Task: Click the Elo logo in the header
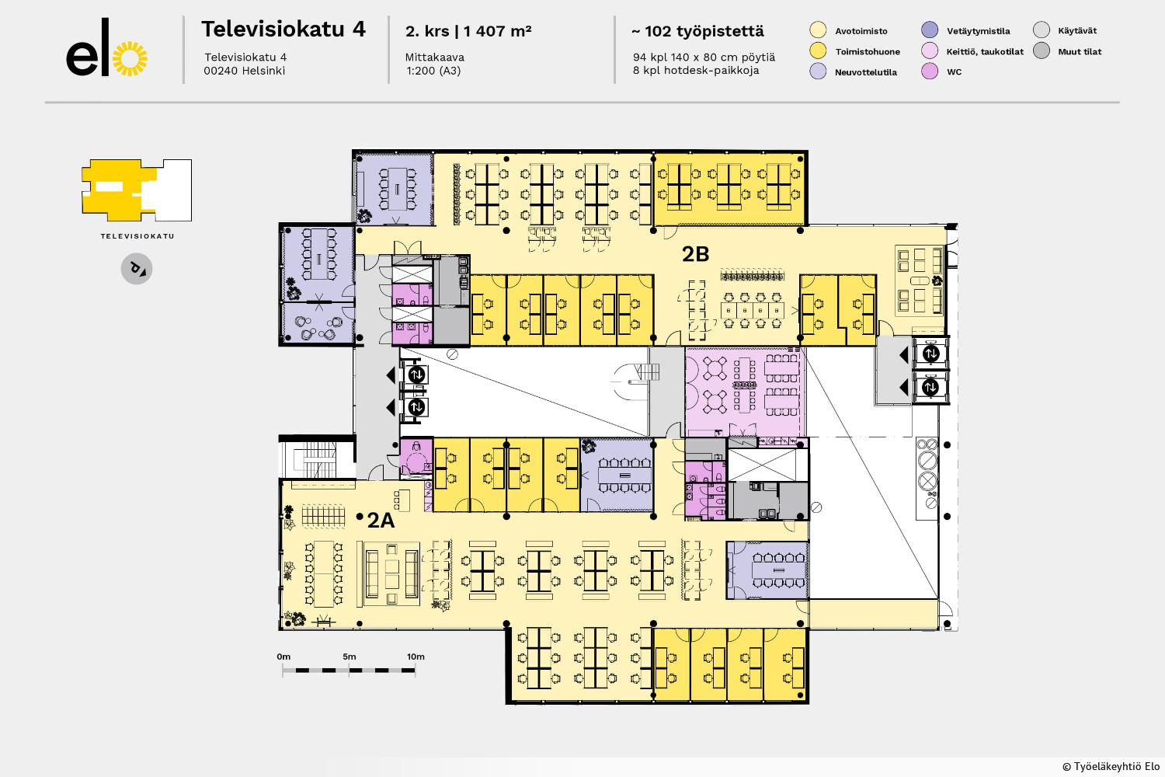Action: pos(106,48)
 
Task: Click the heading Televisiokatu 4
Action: pos(283,30)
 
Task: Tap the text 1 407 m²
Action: pos(497,31)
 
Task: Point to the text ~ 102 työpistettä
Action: pos(698,31)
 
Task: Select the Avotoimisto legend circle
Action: pos(818,30)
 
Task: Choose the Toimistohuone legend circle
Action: pos(818,51)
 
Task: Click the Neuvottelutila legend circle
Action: pos(818,71)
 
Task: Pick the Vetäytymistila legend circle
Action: pos(930,30)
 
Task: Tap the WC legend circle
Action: pos(930,71)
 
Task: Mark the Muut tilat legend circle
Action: pos(1042,51)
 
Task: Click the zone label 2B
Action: pos(695,254)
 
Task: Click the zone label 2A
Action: pos(381,520)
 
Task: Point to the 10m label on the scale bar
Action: pos(416,657)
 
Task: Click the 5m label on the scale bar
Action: pos(349,657)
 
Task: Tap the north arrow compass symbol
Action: pos(137,269)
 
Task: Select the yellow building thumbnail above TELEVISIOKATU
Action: pos(137,190)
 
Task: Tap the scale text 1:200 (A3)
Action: pos(433,71)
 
